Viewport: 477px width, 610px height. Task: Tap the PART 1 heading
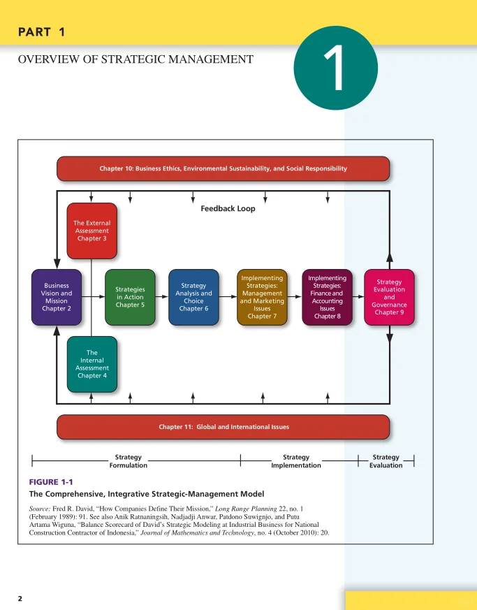[41, 31]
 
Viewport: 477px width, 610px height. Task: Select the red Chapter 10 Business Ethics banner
[223, 168]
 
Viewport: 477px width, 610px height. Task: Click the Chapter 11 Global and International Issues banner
[223, 426]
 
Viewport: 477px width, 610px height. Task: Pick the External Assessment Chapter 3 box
[91, 231]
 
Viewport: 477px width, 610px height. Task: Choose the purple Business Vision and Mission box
[56, 297]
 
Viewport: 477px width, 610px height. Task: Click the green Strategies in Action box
[130, 297]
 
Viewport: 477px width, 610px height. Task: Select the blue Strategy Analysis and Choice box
[193, 297]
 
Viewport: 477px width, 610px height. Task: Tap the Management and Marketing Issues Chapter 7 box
[262, 297]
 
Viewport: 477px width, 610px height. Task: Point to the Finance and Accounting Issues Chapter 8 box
[327, 297]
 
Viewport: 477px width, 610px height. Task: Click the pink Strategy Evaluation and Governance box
[389, 297]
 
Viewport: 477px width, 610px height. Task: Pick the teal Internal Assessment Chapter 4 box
[91, 364]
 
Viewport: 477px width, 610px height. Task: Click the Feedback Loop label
[228, 208]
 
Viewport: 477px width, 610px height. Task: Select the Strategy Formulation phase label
[129, 461]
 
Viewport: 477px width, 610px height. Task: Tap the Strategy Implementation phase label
[296, 461]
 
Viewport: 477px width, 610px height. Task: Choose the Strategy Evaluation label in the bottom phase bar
[386, 461]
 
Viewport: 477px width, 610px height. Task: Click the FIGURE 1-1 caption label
[50, 482]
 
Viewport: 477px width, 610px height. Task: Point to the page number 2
[20, 598]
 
